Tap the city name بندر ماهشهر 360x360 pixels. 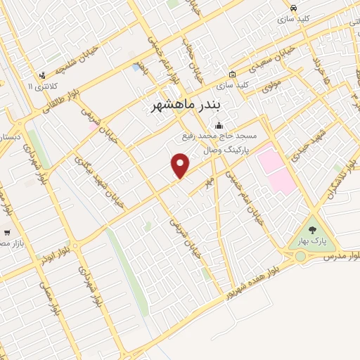click(x=186, y=105)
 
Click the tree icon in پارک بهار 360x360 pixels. click(x=312, y=229)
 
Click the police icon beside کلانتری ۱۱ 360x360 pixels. click(x=43, y=75)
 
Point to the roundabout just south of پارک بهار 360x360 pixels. click(x=301, y=256)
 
